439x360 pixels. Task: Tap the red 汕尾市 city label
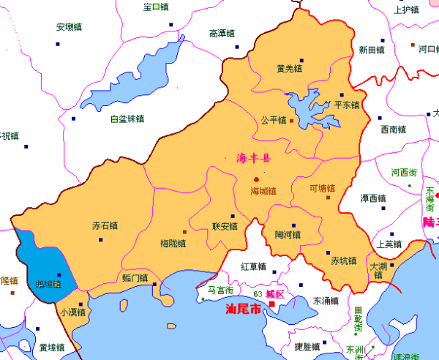click(244, 310)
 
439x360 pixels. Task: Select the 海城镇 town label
click(263, 192)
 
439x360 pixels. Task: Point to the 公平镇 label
click(273, 120)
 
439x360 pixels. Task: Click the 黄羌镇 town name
click(289, 69)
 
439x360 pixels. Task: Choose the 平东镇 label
click(347, 105)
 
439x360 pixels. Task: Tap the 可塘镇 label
click(321, 187)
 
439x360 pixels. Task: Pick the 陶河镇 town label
click(288, 235)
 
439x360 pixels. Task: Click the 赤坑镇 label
click(343, 260)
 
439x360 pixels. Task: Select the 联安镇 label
click(225, 226)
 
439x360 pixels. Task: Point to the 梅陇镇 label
click(172, 243)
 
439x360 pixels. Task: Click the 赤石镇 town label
click(105, 225)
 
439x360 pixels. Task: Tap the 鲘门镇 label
click(135, 278)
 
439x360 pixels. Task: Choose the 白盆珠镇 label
click(127, 119)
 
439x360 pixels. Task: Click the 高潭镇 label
click(222, 33)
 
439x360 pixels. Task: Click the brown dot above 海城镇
click(256, 179)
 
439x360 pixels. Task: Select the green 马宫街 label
click(220, 291)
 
